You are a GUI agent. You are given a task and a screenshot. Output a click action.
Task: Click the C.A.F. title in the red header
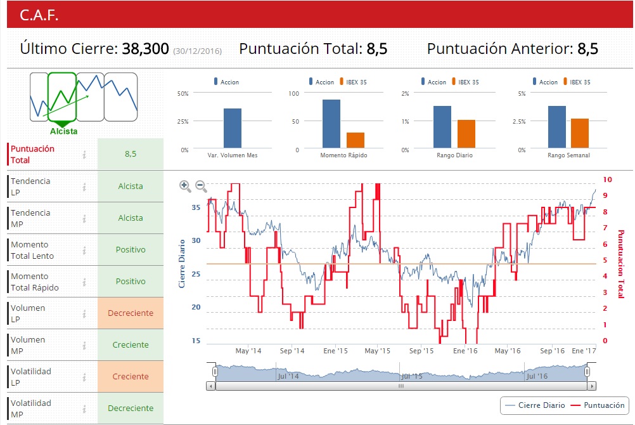point(39,16)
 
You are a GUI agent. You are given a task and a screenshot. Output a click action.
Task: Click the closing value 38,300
point(145,49)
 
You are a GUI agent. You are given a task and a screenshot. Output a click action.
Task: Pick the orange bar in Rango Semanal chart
point(580,134)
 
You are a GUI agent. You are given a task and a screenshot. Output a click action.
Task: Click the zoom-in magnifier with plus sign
point(185,186)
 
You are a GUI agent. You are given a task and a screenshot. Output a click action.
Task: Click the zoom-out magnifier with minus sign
point(201,186)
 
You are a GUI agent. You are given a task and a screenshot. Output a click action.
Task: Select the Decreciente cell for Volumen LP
point(131,313)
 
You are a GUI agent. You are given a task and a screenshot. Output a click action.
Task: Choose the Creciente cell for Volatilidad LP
point(131,377)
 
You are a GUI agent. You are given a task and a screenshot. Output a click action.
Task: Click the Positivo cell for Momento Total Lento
point(131,250)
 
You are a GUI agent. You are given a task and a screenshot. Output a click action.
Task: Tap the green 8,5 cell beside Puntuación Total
point(131,154)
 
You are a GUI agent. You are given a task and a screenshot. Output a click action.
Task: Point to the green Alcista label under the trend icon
point(63,131)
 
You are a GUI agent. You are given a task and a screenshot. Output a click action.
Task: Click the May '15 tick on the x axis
point(376,351)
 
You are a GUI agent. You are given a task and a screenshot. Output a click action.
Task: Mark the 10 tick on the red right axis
point(607,180)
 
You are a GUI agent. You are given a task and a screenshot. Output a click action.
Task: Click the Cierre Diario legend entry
point(535,405)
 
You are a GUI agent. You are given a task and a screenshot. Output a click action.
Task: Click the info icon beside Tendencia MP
point(84,218)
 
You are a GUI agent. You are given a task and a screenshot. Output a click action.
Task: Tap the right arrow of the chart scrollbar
point(591,386)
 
